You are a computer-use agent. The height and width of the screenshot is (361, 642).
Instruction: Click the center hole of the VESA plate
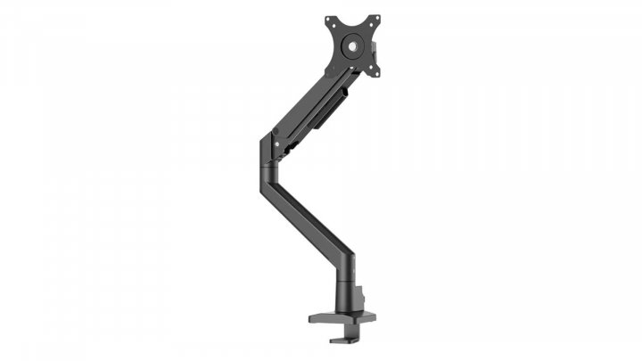(x=351, y=42)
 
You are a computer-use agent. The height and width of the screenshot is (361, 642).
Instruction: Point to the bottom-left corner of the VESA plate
(x=329, y=67)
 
